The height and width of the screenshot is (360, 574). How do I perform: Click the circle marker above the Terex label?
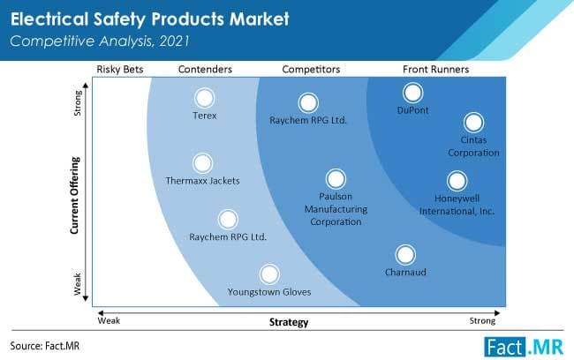point(205,98)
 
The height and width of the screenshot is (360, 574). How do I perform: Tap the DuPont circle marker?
point(412,93)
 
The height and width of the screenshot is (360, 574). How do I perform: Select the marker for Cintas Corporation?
point(473,123)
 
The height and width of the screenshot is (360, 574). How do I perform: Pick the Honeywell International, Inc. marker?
point(457,181)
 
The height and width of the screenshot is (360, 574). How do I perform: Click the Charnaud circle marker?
point(405,255)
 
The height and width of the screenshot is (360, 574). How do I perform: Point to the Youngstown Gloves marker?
point(268,274)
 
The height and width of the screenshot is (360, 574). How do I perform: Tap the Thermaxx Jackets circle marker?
point(202,163)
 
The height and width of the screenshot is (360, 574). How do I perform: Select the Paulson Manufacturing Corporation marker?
point(334,179)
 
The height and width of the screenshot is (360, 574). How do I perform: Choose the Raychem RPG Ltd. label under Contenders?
point(228,236)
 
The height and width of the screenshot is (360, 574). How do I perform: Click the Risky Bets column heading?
point(120,68)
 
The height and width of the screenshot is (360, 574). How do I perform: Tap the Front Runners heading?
point(434,68)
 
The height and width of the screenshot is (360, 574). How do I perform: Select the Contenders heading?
point(205,68)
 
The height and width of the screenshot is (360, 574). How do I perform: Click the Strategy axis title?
point(289,322)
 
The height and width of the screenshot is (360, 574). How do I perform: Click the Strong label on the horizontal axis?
point(482,321)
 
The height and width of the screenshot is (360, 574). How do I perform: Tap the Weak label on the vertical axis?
point(77,284)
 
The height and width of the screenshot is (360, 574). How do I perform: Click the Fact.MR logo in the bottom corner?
point(523,344)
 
